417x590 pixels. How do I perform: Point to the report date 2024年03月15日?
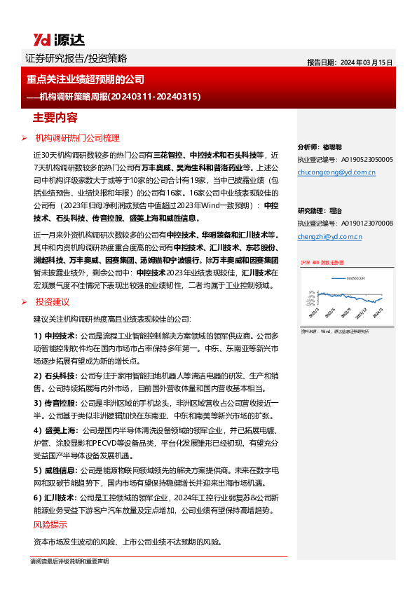click(350, 62)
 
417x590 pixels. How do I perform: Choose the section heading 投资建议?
click(53, 301)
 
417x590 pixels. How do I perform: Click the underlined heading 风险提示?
click(50, 525)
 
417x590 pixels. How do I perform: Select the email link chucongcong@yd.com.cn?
click(336, 171)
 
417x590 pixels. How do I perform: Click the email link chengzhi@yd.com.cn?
click(329, 237)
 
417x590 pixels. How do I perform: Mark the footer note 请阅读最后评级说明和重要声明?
click(69, 561)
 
